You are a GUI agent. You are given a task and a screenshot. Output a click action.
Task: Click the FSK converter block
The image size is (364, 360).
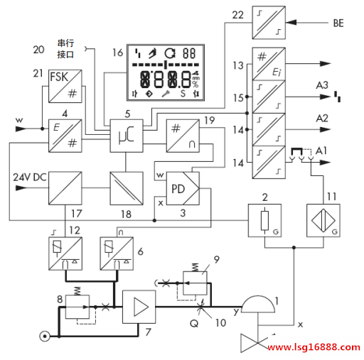pyautogui.click(x=65, y=86)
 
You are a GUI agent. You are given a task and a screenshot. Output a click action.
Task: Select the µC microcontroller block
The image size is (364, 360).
pyautogui.click(x=127, y=136)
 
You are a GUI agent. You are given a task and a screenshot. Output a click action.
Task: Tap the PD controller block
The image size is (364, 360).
pyautogui.click(x=183, y=188)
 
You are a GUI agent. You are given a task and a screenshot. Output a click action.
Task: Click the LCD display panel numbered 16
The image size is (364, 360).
pyautogui.click(x=166, y=72)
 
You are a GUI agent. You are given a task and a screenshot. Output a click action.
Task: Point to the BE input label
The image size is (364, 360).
pyautogui.click(x=338, y=23)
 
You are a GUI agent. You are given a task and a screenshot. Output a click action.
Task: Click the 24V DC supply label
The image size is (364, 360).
pyautogui.click(x=30, y=178)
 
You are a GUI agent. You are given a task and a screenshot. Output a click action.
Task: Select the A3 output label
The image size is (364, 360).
pyautogui.click(x=322, y=85)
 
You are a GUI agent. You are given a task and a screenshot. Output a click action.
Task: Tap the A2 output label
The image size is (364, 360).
pyautogui.click(x=322, y=118)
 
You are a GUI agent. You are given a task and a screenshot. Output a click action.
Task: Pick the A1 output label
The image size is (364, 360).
pyautogui.click(x=321, y=151)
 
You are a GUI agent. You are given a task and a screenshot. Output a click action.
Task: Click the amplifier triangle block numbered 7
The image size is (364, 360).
pyautogui.click(x=139, y=307)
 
